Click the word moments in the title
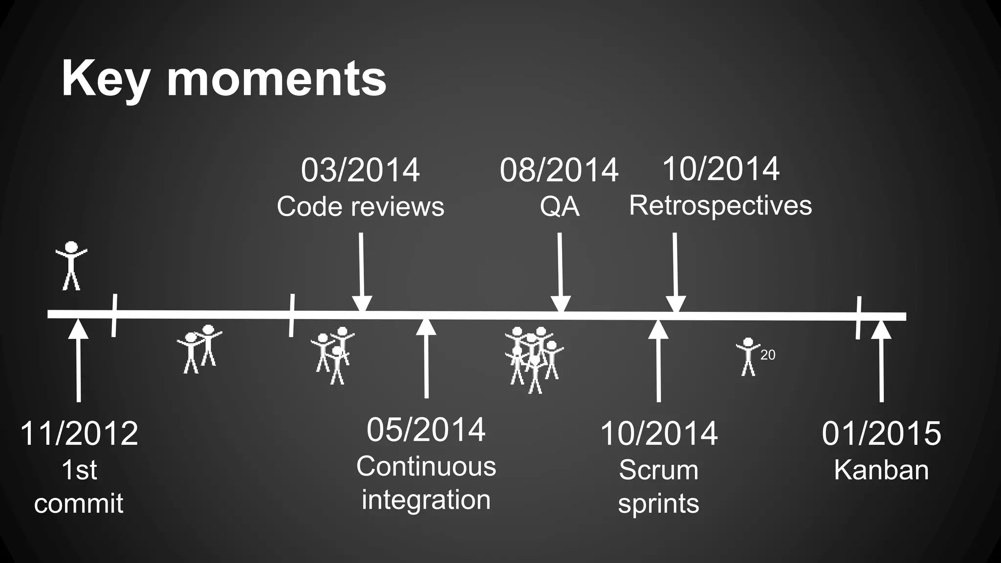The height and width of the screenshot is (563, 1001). tap(277, 80)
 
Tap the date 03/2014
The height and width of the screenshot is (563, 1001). tap(360, 170)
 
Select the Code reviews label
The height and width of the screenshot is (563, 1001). tap(360, 206)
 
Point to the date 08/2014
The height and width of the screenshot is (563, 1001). tap(559, 170)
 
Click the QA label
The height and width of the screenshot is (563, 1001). tap(560, 207)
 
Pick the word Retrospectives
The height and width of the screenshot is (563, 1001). tap(720, 205)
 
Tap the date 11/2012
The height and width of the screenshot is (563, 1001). tap(79, 433)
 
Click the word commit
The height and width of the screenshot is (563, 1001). tap(79, 503)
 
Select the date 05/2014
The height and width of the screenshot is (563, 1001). tap(426, 430)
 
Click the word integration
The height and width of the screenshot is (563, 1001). tap(426, 500)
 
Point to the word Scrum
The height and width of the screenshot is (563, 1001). tap(658, 470)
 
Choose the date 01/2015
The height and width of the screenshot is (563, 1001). tap(881, 433)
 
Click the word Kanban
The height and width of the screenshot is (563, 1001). tap(881, 470)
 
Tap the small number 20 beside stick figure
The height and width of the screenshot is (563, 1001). tap(767, 355)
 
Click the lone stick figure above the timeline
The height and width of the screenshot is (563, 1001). tap(71, 265)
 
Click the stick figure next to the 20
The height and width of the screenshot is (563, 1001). tap(748, 357)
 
